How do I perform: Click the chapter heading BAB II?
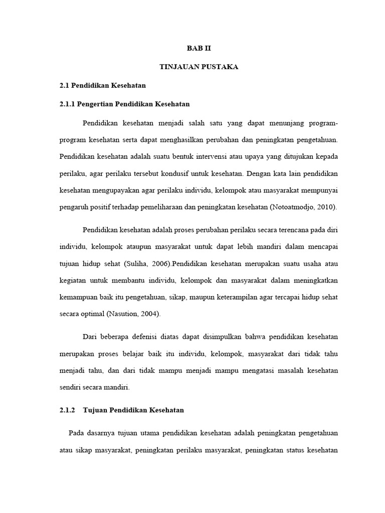192,49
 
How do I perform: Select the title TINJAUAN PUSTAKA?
192,67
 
